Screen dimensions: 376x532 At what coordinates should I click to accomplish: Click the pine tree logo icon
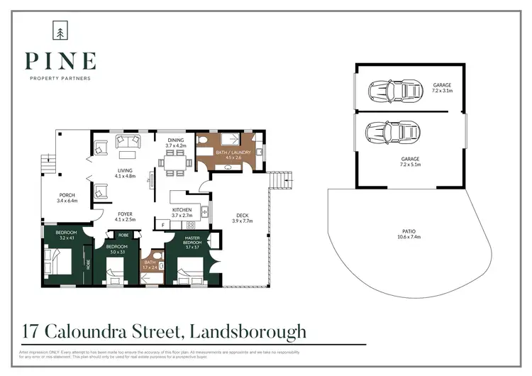pyautogui.click(x=59, y=31)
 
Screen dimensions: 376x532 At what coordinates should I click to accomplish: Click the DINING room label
pyautogui.click(x=175, y=140)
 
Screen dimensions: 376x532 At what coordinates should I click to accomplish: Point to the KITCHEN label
pyautogui.click(x=182, y=210)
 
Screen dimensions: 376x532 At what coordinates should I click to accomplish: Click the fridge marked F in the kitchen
pyautogui.click(x=163, y=225)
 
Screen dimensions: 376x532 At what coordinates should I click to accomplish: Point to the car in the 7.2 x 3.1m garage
pyautogui.click(x=394, y=91)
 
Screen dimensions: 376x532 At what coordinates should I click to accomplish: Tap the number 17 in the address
pyautogui.click(x=29, y=331)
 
